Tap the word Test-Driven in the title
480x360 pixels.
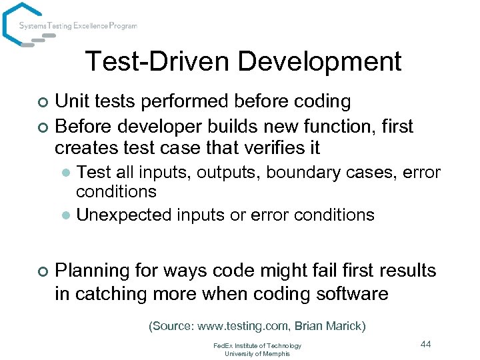tap(157, 62)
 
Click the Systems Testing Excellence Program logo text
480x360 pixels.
tap(78, 26)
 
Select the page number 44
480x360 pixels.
tap(426, 344)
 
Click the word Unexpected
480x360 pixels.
tap(124, 215)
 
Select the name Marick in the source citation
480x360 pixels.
tap(345, 326)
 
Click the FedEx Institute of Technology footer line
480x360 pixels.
tap(257, 345)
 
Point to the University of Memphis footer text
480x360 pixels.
tap(257, 353)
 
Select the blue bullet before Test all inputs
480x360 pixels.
tap(65, 173)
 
